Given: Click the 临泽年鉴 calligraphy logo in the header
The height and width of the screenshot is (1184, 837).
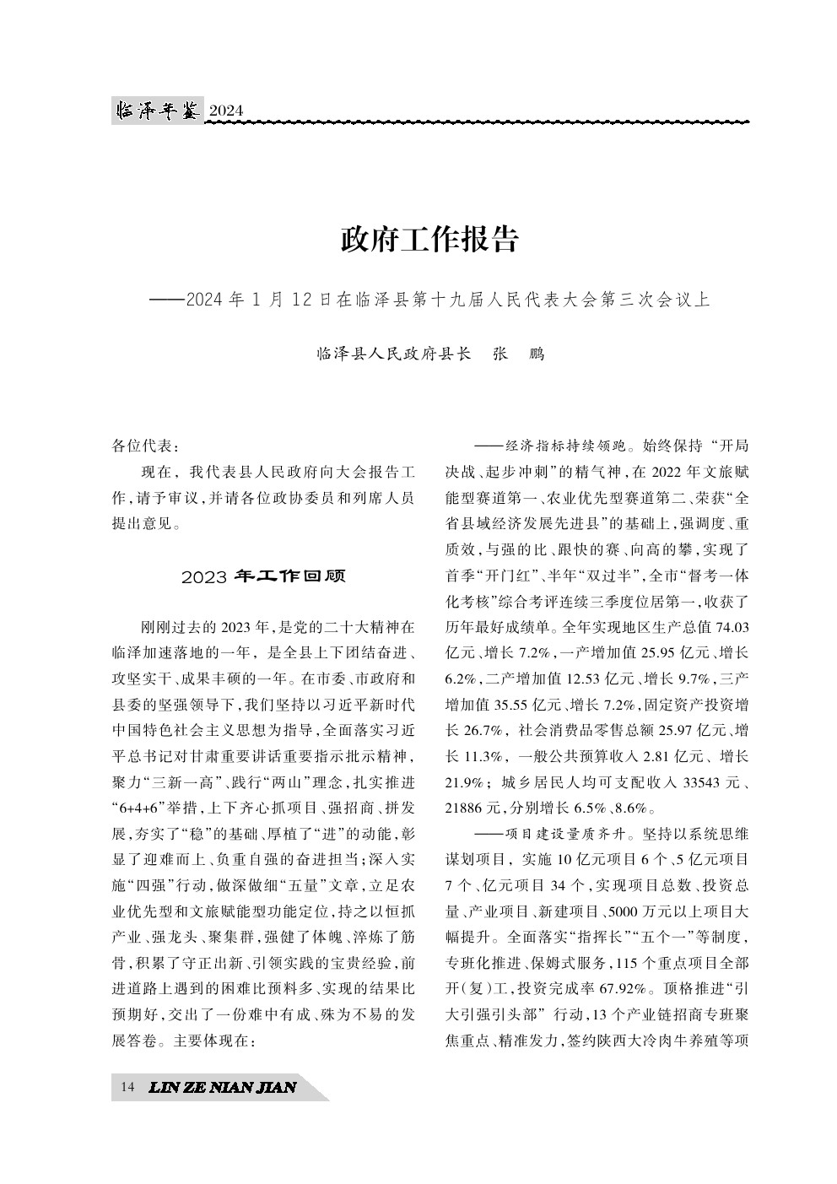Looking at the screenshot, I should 158,110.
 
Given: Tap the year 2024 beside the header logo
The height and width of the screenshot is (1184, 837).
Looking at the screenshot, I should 225,111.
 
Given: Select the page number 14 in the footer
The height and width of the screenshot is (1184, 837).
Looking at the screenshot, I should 127,1087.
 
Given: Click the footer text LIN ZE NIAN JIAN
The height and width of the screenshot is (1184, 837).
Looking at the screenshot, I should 222,1087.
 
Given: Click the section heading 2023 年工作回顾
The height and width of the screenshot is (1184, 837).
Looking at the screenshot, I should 263,577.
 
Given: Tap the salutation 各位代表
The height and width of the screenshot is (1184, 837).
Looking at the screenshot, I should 145,446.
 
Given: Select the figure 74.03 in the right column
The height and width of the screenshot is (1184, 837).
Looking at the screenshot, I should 732,629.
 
